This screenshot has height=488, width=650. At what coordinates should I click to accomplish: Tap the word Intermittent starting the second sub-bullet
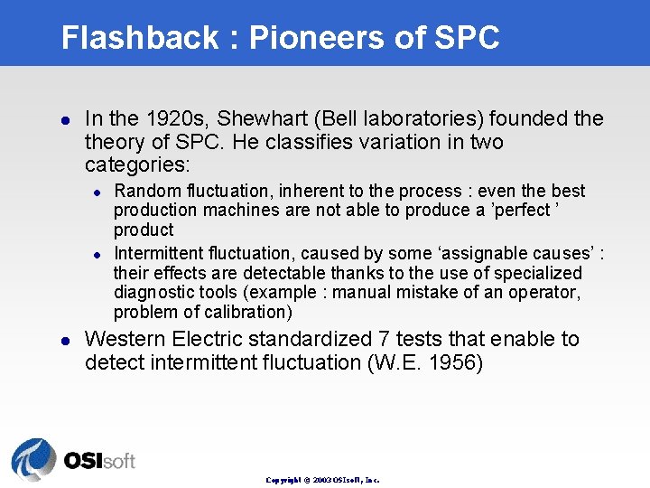coord(160,253)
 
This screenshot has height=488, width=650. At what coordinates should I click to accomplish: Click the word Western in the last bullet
coord(126,340)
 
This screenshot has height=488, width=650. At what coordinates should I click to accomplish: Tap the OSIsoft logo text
coord(99,461)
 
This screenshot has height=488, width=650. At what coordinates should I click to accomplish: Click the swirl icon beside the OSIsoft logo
coord(34,458)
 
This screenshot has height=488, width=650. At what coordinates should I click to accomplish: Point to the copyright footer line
coord(322,480)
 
